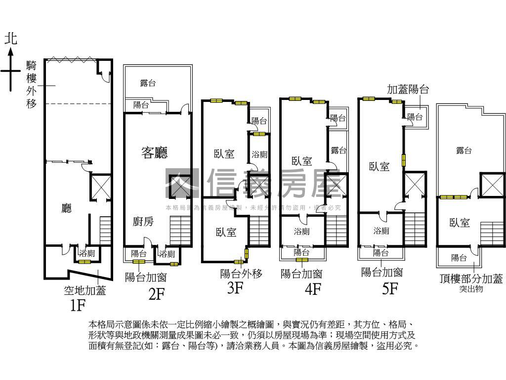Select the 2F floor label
tap(156, 294)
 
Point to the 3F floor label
tap(235, 287)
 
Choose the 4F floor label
tap(313, 288)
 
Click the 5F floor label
tap(390, 288)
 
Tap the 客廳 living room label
tap(154, 153)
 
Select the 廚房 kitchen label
tap(143, 221)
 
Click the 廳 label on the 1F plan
tap(66, 208)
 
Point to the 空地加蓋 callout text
tap(84, 290)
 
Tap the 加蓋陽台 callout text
tap(408, 90)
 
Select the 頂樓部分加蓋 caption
tap(470, 278)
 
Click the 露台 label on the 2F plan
tap(148, 83)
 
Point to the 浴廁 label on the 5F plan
tap(381, 231)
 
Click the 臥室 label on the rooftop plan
tap(459, 223)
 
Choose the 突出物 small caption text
tap(470, 288)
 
